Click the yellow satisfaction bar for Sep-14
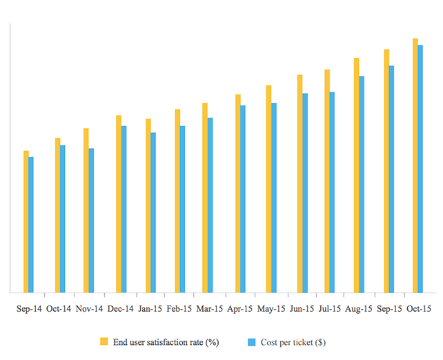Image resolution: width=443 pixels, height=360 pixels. [x=26, y=221]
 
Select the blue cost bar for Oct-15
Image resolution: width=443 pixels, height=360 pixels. [x=420, y=169]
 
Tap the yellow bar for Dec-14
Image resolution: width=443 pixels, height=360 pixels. [x=119, y=204]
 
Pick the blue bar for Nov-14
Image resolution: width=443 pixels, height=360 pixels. [x=91, y=221]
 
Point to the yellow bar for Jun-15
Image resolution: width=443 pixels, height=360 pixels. [x=299, y=183]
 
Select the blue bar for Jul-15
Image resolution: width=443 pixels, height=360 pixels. [x=332, y=192]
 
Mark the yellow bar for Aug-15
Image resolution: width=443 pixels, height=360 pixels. [x=356, y=175]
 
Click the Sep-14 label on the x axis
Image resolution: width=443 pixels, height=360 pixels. [x=29, y=309]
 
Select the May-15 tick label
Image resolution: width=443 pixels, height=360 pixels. [x=271, y=309]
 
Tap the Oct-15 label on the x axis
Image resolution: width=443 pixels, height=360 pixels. [x=418, y=309]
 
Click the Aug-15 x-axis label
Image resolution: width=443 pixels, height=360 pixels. [x=359, y=309]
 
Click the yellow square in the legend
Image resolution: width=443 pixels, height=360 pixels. [x=104, y=341]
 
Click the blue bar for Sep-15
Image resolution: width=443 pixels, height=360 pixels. [x=391, y=179]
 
